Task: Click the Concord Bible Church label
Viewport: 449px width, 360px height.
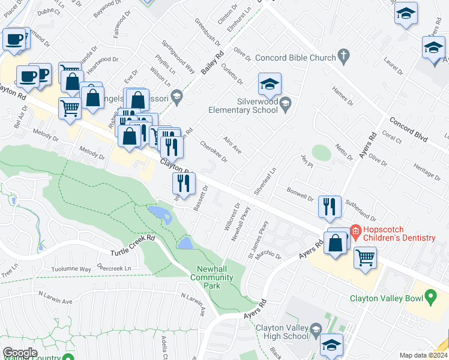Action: [x=295, y=58]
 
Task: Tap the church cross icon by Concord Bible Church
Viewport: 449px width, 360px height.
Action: [x=344, y=57]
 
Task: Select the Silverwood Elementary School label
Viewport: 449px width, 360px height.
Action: [x=243, y=106]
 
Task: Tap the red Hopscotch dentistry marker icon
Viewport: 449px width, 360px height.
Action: [x=354, y=230]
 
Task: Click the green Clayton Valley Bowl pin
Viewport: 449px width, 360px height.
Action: [x=430, y=296]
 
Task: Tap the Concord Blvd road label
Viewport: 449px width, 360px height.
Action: [x=408, y=128]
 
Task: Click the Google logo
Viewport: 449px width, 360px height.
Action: [x=20, y=352]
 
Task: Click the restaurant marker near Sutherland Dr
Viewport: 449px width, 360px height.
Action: [x=330, y=207]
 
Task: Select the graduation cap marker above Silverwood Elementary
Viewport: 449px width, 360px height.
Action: [x=270, y=84]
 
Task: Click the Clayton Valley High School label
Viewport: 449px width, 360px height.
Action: [x=281, y=332]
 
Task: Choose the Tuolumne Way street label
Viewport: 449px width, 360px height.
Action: [x=71, y=269]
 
